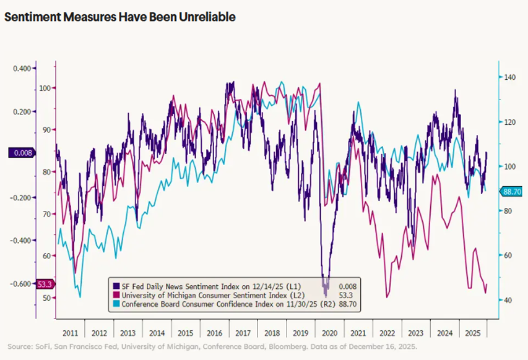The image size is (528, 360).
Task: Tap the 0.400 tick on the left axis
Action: (22, 68)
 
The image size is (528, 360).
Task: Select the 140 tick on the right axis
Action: (509, 77)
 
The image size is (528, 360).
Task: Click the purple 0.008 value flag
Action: (22, 152)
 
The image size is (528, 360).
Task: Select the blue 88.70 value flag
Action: (513, 192)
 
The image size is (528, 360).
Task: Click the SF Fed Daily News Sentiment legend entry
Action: (189, 286)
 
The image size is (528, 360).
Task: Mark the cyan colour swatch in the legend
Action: (116, 304)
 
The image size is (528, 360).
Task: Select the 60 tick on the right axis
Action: (508, 255)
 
